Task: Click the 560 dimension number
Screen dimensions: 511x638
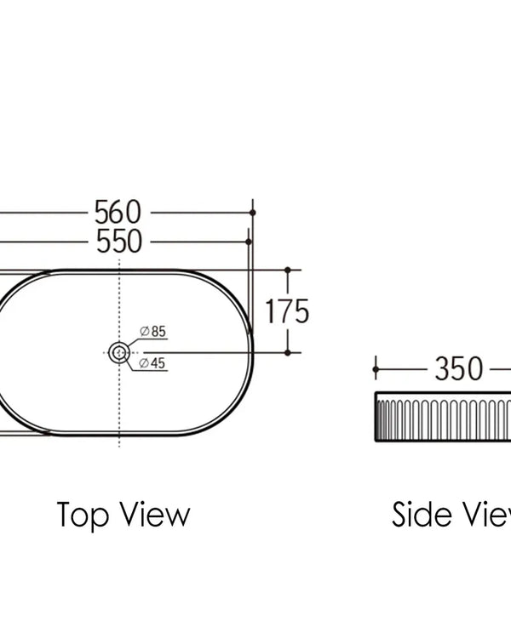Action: pos(118,212)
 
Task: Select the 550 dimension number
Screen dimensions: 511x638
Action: pos(119,242)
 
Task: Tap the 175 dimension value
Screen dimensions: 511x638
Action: pos(287,311)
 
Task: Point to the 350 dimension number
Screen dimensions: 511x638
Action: pos(459,368)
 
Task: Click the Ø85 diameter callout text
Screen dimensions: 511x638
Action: pos(152,331)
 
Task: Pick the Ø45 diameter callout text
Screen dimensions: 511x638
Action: pos(152,362)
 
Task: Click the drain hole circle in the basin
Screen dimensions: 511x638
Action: pos(119,352)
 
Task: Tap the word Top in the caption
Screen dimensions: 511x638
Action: pos(83,516)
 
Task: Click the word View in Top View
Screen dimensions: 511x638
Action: pos(156,515)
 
